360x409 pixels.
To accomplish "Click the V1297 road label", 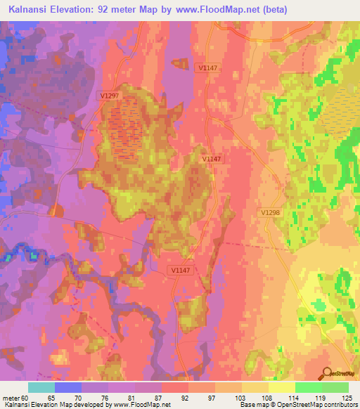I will point(109,95).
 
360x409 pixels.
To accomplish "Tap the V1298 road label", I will point(269,212).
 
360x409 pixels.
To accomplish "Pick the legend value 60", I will point(25,397).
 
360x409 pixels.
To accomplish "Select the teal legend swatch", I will point(41,387).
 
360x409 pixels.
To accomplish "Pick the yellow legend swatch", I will point(281,387).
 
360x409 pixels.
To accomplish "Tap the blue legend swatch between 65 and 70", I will point(67,387).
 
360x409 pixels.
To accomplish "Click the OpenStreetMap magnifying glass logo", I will point(328,373).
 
